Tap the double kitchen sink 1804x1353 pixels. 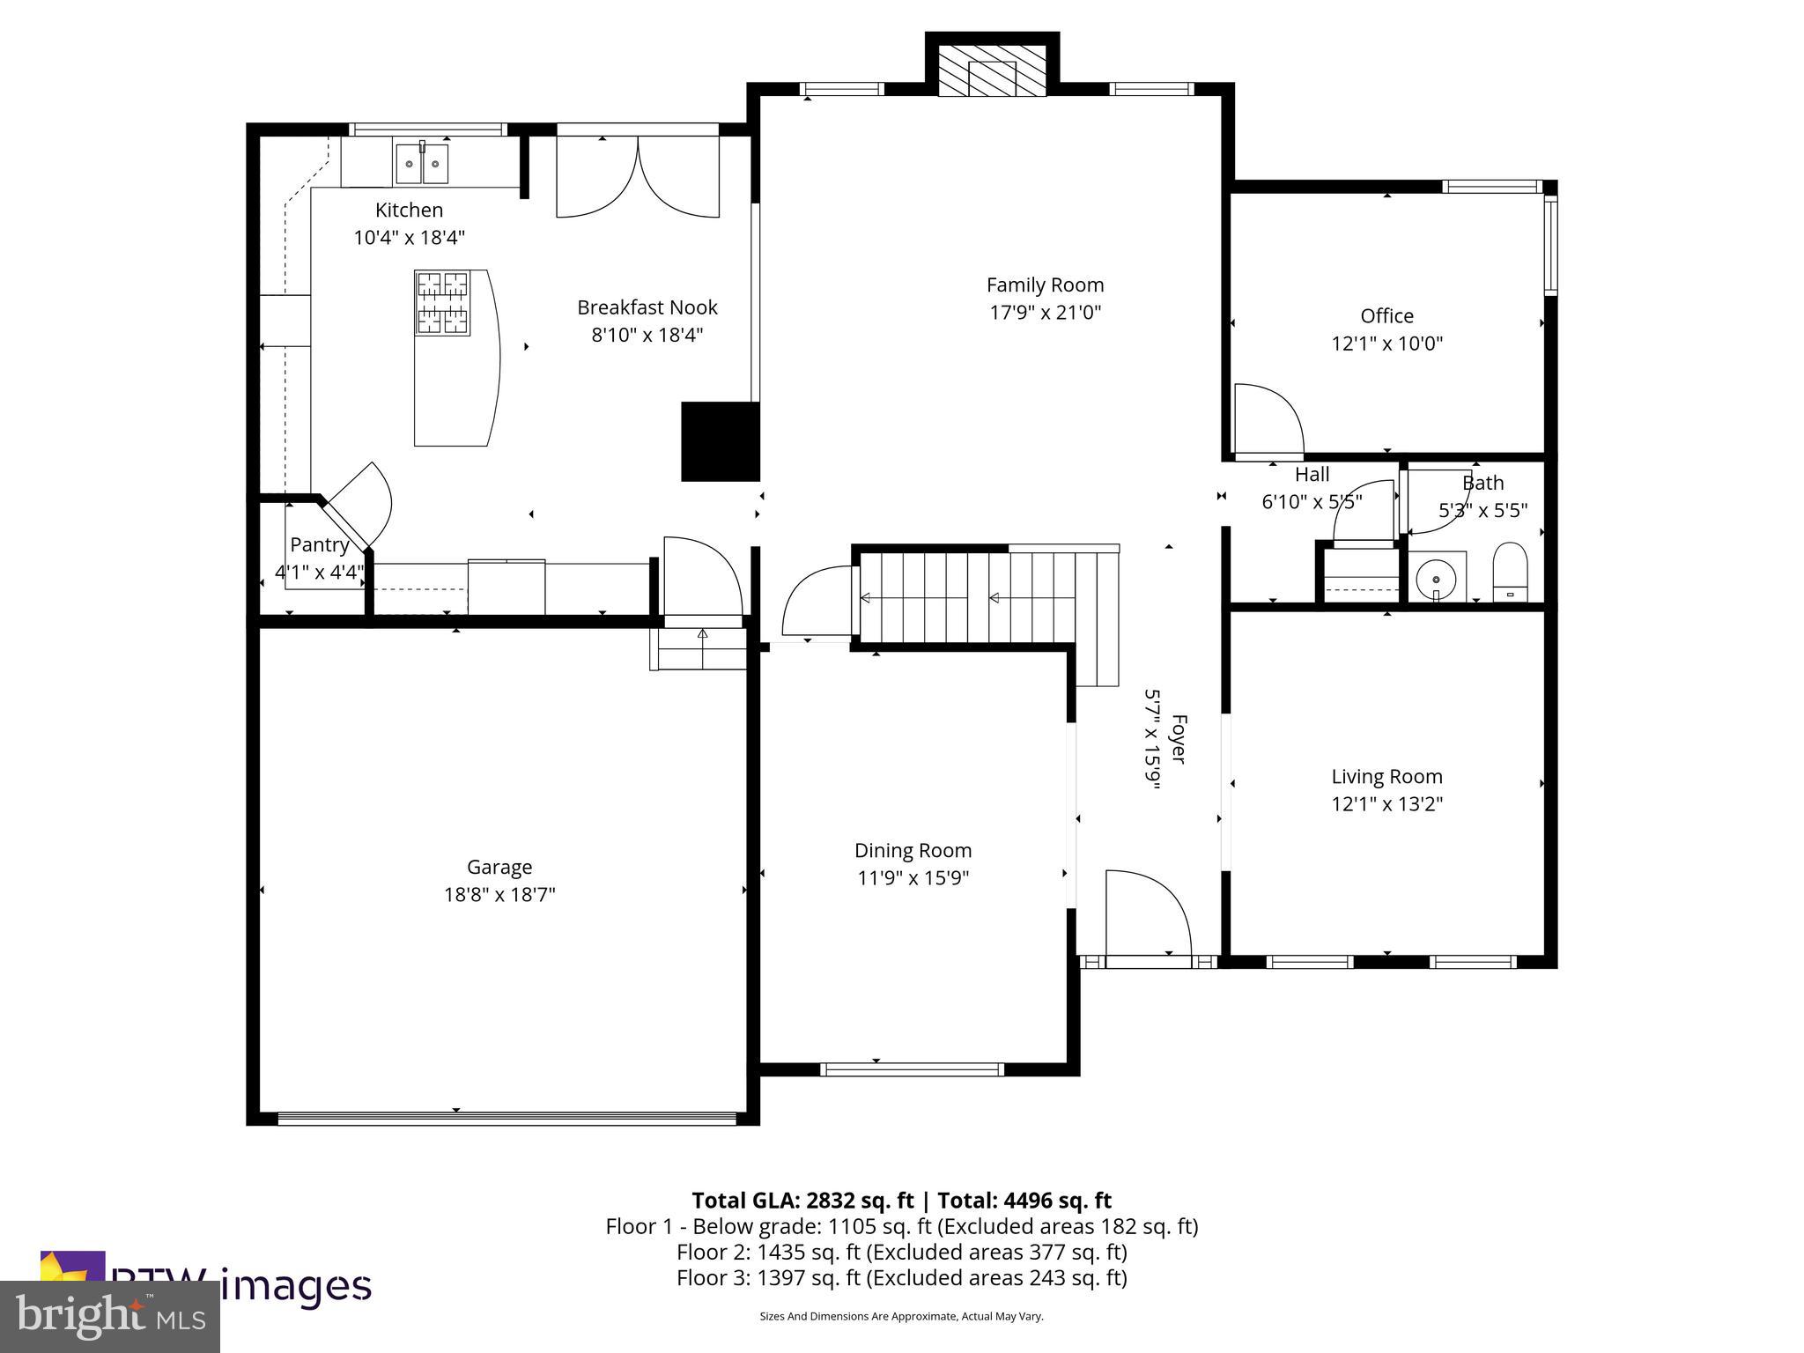(x=422, y=164)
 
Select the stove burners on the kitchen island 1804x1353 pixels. (x=442, y=302)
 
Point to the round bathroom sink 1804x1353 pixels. (x=1437, y=579)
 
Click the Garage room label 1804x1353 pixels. (x=499, y=868)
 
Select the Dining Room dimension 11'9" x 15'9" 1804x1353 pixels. (x=913, y=878)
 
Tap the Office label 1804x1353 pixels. (x=1386, y=316)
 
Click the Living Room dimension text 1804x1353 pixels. (x=1386, y=804)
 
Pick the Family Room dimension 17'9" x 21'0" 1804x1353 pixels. (x=1045, y=313)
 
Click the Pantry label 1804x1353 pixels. (x=320, y=544)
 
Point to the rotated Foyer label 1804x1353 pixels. (x=1178, y=738)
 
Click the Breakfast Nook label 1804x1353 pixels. (x=647, y=307)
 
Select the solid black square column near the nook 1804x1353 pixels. (x=720, y=441)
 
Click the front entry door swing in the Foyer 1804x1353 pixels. (x=1145, y=912)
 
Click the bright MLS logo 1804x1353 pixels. (x=110, y=1317)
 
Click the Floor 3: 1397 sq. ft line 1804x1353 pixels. (x=901, y=1278)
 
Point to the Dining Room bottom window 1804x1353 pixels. (x=912, y=1069)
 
